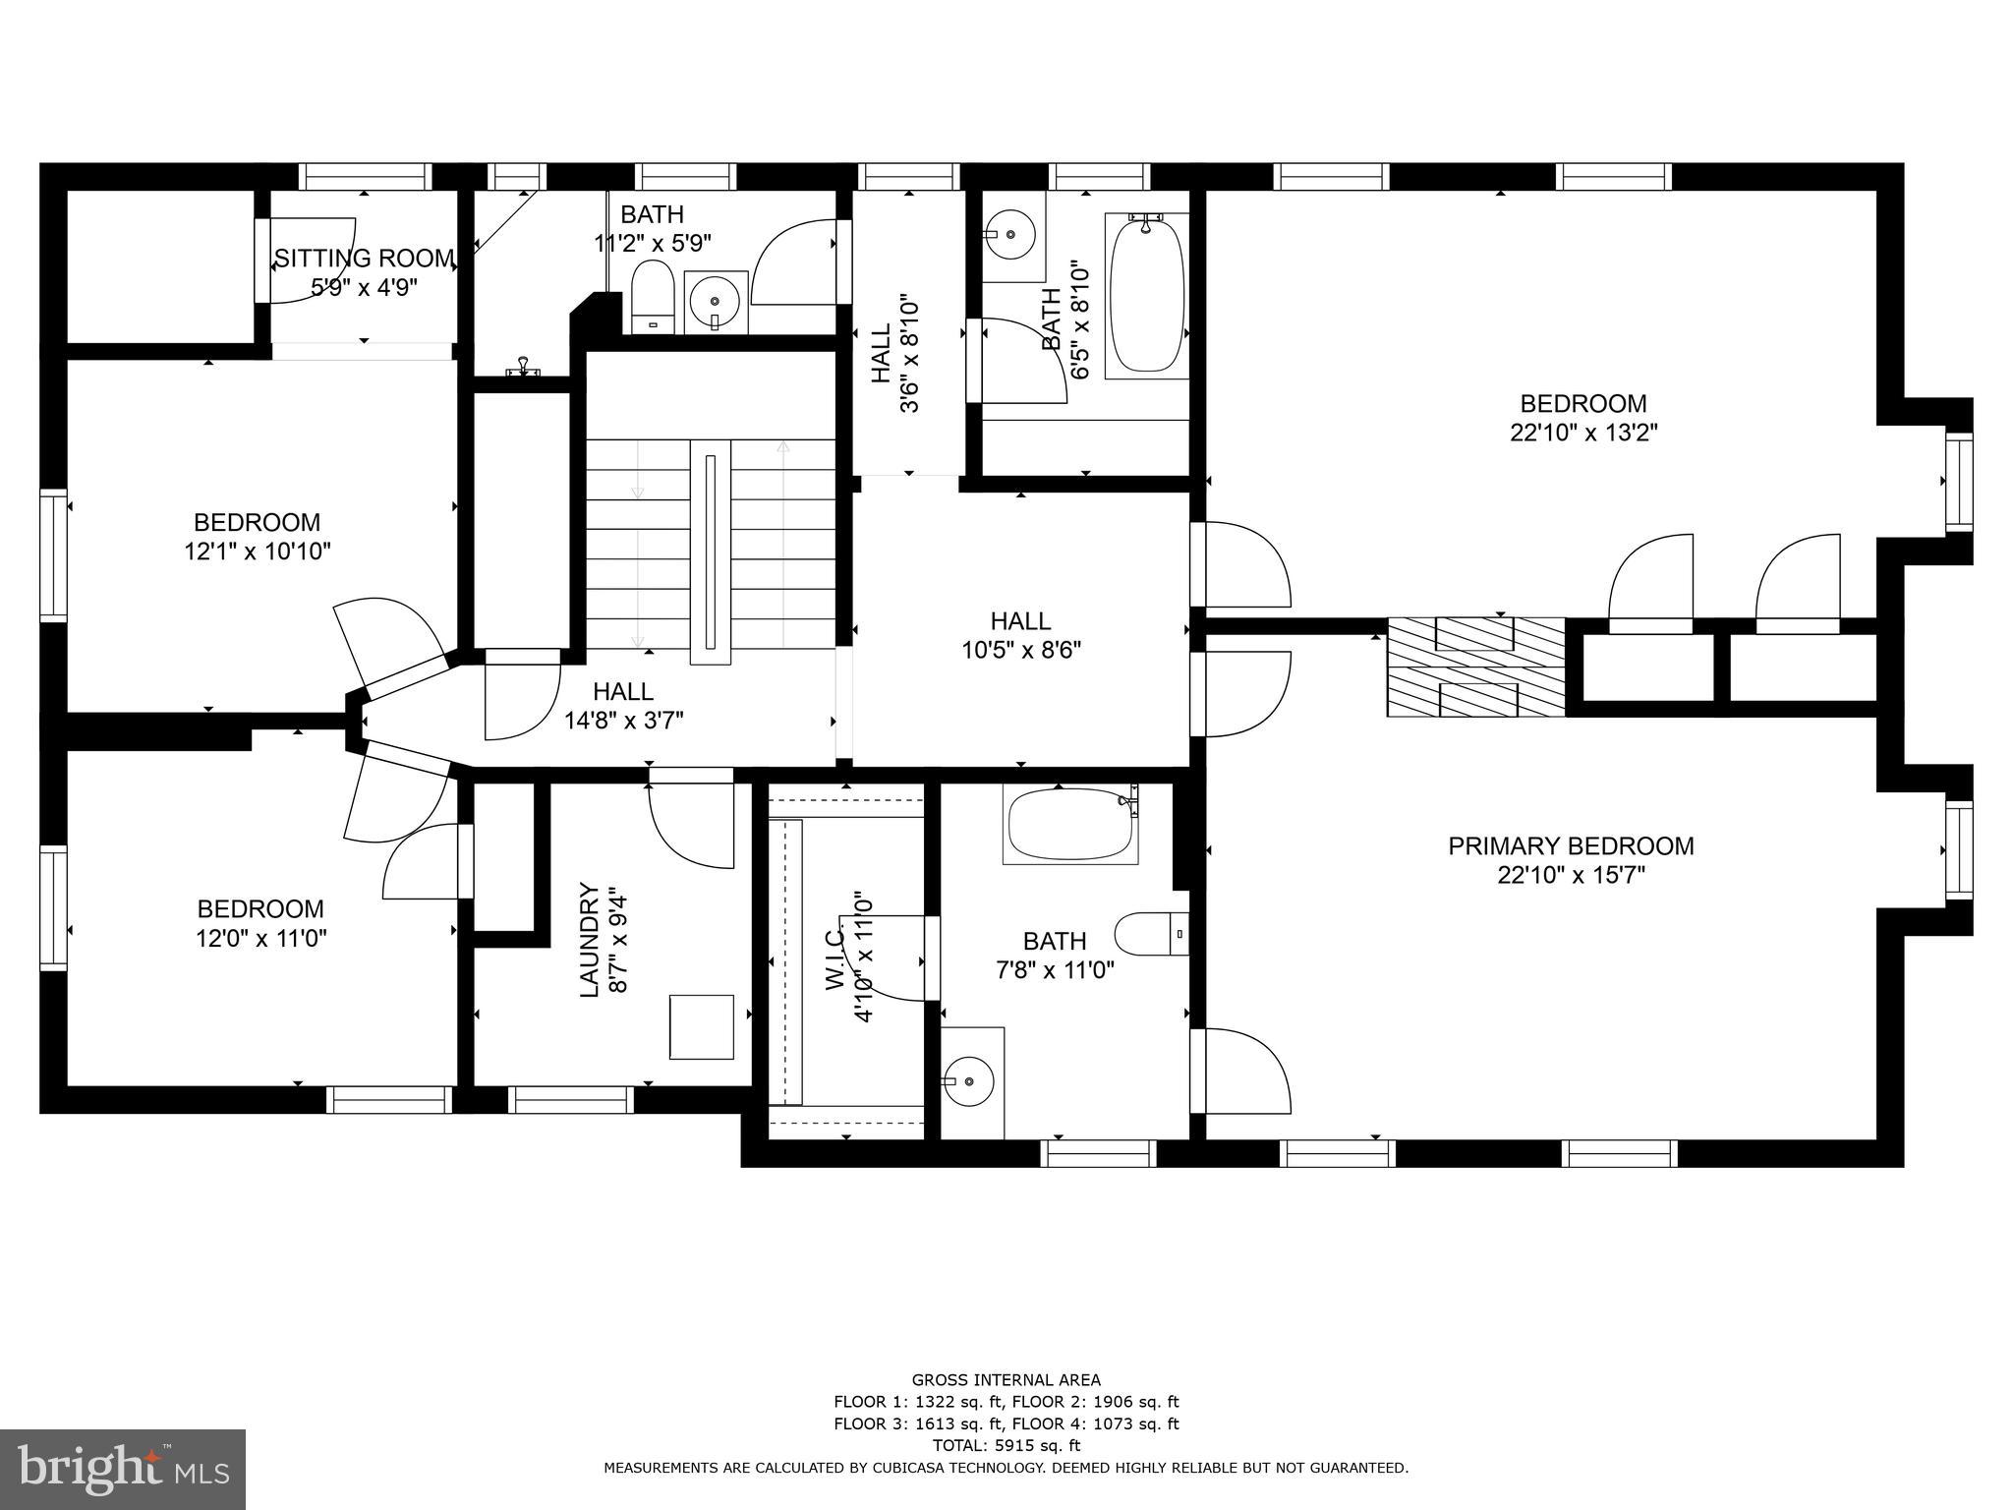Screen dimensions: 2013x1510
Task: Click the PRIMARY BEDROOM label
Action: [1571, 846]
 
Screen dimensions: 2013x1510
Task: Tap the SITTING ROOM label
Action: [365, 259]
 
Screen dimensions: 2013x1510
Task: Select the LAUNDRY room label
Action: [589, 940]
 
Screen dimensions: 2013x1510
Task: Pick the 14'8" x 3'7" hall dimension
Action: [624, 721]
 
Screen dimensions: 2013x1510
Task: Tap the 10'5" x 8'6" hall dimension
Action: [1020, 650]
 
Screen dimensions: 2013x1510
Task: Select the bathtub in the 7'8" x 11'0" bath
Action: [1070, 824]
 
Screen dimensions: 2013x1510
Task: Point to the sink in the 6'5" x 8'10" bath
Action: [1009, 235]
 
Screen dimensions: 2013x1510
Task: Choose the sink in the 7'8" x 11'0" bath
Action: [969, 1081]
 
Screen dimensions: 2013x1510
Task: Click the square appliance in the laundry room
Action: [702, 1026]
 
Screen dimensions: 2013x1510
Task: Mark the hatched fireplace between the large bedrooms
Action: [1475, 667]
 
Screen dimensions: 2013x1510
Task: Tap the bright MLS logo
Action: [123, 1470]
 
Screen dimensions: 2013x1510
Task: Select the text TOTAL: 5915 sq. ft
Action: [1006, 1445]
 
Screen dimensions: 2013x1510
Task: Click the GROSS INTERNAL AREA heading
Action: [1006, 1380]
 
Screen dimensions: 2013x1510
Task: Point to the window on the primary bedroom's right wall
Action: [1959, 849]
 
